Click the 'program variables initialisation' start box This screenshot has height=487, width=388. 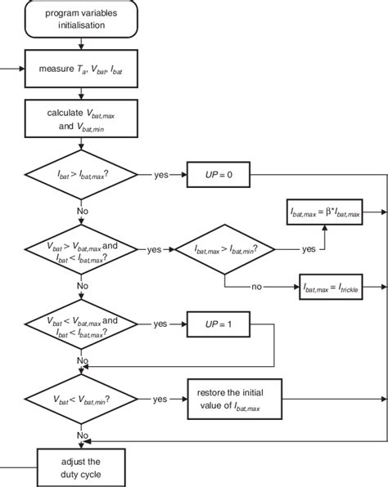coord(79,20)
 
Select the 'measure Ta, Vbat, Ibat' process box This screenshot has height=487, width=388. coord(79,69)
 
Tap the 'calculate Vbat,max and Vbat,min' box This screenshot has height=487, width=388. coord(79,121)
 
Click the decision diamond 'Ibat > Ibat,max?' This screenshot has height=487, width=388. coord(79,174)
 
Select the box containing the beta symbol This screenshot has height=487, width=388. coord(326,211)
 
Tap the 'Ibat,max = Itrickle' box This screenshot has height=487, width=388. coord(331,287)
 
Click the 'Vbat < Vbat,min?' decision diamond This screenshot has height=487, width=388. coord(79,399)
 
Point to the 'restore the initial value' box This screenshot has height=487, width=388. coord(235,399)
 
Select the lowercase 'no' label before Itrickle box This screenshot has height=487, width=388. coord(258,287)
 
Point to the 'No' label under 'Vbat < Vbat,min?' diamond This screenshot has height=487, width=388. coord(83,436)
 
